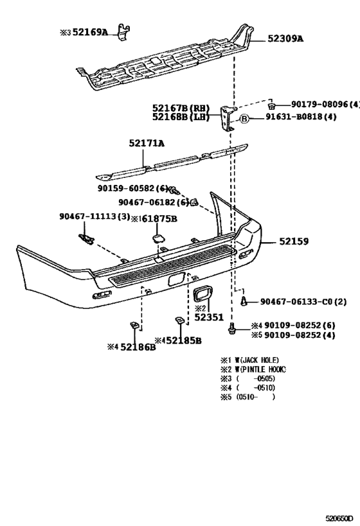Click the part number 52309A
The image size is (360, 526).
click(x=282, y=39)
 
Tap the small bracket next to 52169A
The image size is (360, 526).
click(x=124, y=32)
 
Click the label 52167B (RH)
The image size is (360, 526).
click(x=181, y=108)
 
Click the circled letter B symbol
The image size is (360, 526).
click(x=244, y=118)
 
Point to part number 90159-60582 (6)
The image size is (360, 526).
click(x=133, y=188)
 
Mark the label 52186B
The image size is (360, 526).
click(x=136, y=347)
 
